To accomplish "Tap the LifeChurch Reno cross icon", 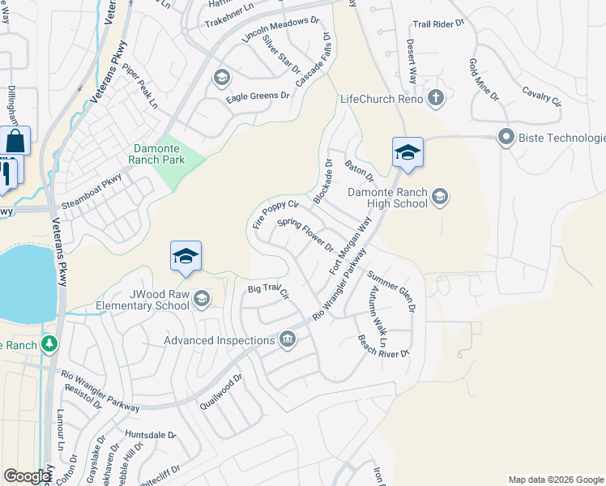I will [x=436, y=99].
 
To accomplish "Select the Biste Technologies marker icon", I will [x=506, y=137].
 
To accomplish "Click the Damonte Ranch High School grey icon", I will [x=440, y=195].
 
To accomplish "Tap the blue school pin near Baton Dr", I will [x=408, y=152].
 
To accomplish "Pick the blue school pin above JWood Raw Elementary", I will [x=186, y=256].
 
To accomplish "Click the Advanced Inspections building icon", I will [x=286, y=339].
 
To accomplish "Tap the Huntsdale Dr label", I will [x=151, y=435].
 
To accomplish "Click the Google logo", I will [x=27, y=476].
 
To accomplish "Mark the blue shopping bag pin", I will [x=15, y=141].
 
